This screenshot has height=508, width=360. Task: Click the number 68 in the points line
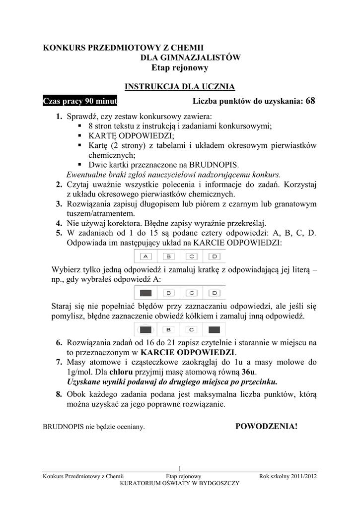tap(310, 101)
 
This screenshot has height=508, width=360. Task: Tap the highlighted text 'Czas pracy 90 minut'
tap(80, 101)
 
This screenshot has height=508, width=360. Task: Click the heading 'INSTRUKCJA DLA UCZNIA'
tap(179, 87)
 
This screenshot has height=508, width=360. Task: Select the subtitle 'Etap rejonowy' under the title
tap(180, 68)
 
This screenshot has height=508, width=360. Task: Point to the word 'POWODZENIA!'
tap(266, 426)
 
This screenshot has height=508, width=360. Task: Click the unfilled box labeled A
tap(146, 256)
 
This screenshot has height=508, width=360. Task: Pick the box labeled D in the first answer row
tap(215, 256)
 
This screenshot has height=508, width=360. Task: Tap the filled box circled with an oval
tap(146, 329)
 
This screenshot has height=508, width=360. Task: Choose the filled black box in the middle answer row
tap(146, 293)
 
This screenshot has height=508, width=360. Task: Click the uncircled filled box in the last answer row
tap(215, 329)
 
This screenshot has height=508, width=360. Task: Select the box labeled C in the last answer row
tap(192, 329)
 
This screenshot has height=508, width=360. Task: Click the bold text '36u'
tap(249, 372)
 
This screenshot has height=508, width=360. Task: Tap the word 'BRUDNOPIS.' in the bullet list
tap(217, 165)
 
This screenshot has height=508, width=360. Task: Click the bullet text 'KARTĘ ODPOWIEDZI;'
tap(132, 136)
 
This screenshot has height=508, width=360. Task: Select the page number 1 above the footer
tap(180, 469)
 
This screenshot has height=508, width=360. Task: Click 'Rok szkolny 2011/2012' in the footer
tap(288, 476)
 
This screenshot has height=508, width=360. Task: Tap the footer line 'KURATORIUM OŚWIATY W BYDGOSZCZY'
tap(180, 483)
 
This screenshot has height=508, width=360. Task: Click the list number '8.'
tap(59, 394)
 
